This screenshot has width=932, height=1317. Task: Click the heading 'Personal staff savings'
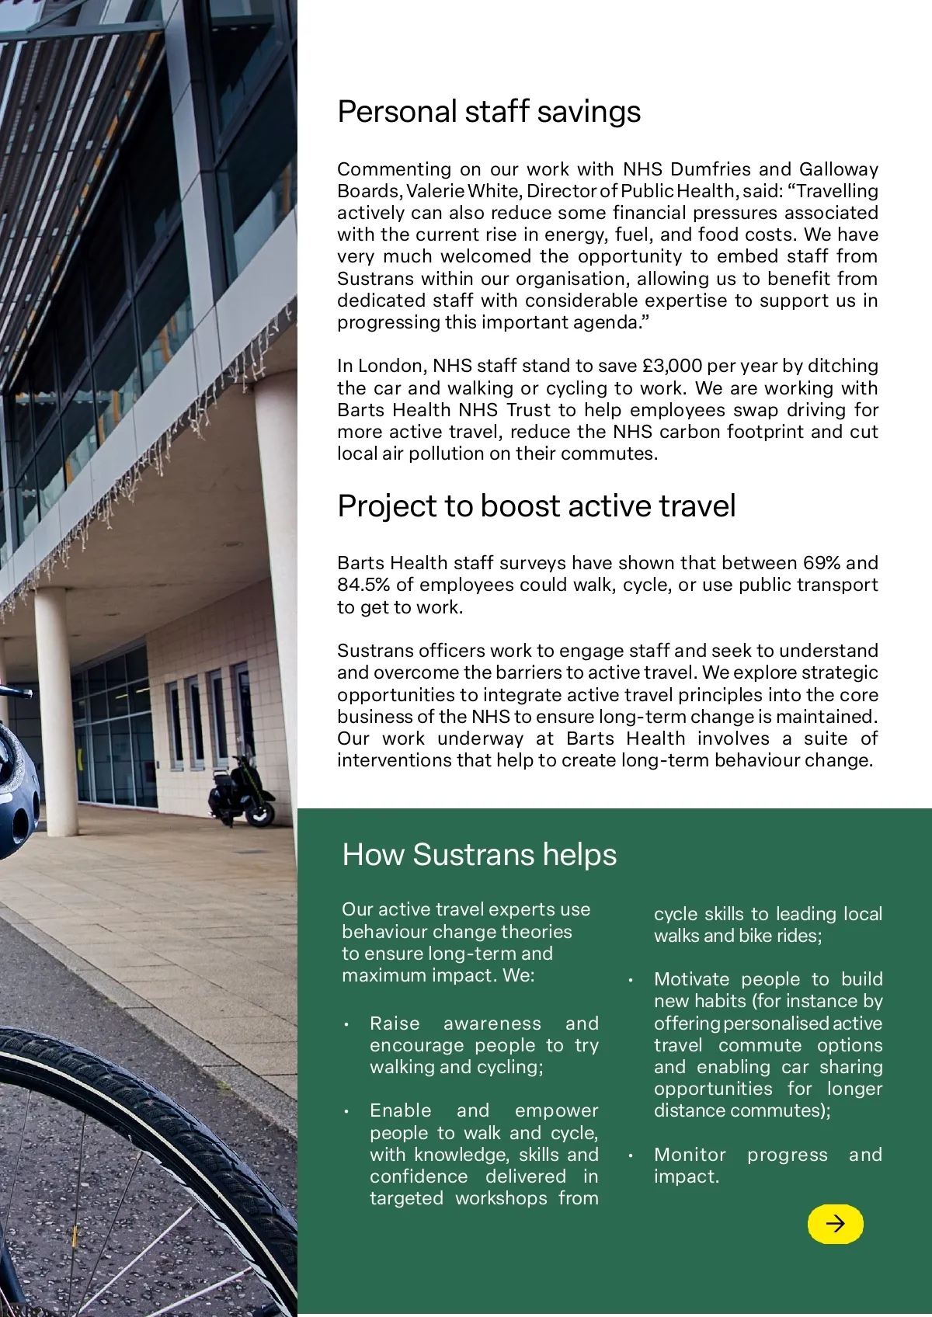489,112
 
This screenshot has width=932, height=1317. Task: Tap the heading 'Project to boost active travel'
536,506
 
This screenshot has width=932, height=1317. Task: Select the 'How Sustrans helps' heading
479,855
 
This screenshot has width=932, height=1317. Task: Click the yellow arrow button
835,1224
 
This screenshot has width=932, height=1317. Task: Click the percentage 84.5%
363,585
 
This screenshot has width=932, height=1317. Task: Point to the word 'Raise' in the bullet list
395,1023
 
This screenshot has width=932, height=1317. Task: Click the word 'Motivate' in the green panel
688,979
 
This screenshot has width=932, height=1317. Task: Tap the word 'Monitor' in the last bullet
690,1155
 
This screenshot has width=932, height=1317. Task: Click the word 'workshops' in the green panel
501,1198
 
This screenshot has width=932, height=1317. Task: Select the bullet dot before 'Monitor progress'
631,1155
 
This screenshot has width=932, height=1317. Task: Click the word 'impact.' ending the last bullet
687,1176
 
